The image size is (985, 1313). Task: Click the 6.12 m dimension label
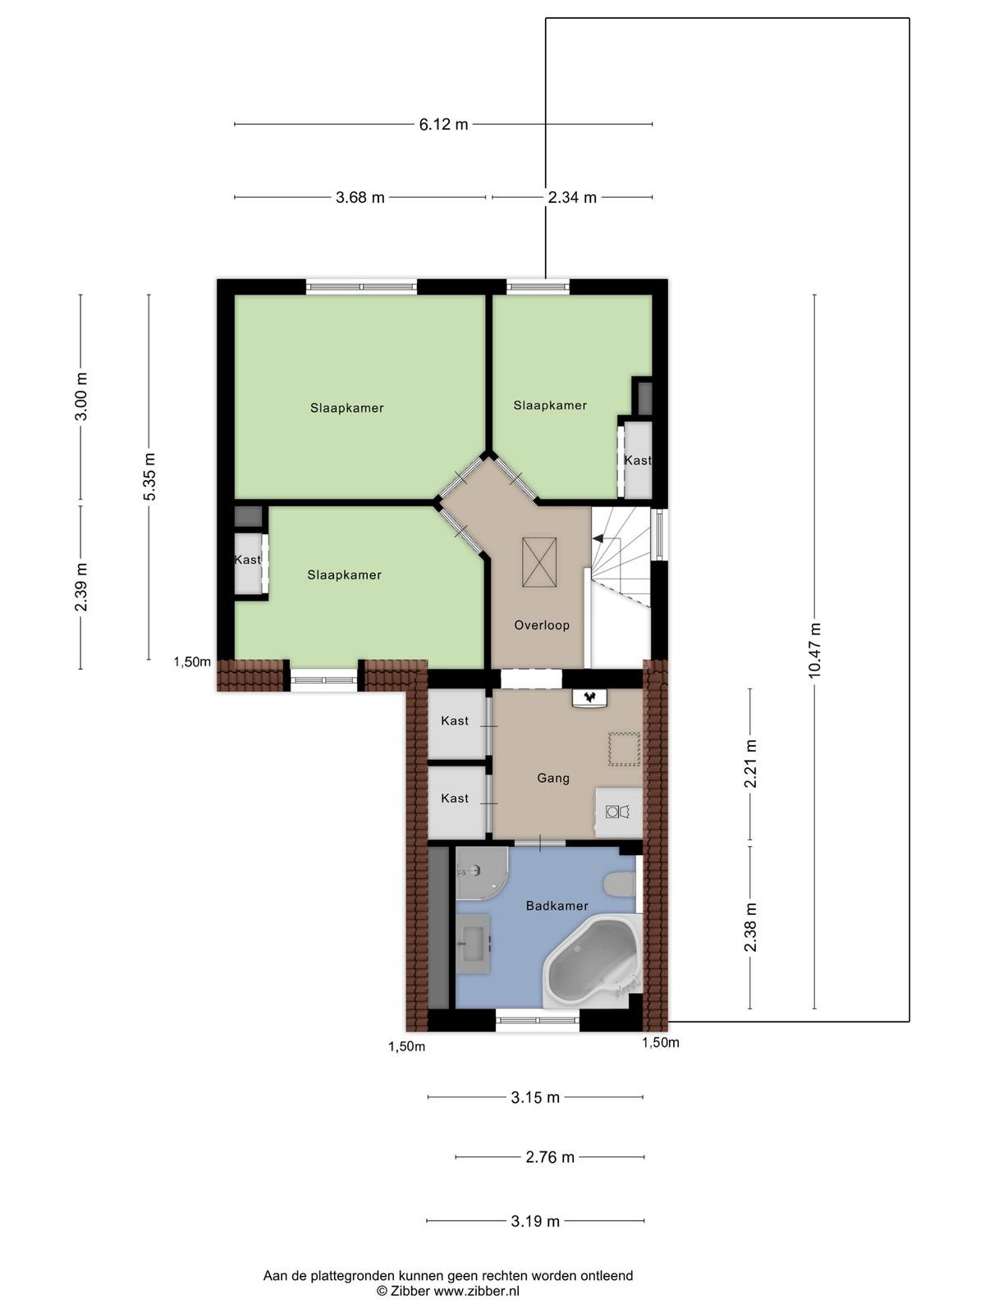(x=443, y=125)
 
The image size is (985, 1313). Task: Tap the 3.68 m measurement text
(x=360, y=198)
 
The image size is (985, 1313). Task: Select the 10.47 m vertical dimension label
(x=814, y=650)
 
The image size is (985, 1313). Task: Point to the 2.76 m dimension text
(x=550, y=1157)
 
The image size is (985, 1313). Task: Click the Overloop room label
(x=542, y=625)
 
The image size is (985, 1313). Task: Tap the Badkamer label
(x=557, y=906)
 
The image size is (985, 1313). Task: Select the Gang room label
(x=553, y=778)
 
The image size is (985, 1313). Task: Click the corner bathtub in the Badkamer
(x=592, y=964)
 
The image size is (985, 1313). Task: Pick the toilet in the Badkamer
(x=619, y=884)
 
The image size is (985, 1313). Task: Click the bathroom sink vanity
(x=473, y=944)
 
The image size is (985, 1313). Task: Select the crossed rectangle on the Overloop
(x=538, y=562)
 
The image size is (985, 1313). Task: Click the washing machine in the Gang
(x=618, y=812)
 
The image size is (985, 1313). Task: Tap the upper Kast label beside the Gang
(x=455, y=721)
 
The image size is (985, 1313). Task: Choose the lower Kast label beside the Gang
(x=455, y=798)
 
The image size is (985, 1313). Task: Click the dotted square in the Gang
(x=624, y=749)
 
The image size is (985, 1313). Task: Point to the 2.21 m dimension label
(x=750, y=763)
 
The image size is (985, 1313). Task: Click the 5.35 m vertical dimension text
(x=149, y=476)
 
